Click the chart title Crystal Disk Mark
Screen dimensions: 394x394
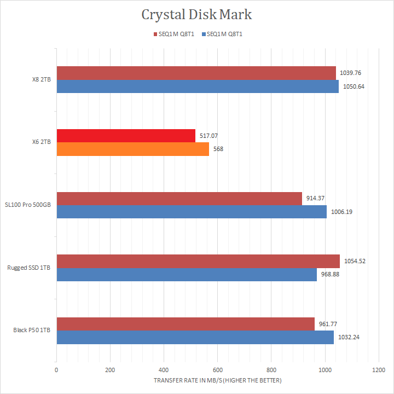pyautogui.click(x=196, y=14)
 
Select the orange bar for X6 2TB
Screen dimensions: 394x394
pyautogui.click(x=132, y=149)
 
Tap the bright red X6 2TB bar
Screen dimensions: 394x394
pyautogui.click(x=126, y=135)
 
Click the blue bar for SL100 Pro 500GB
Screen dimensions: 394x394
pyautogui.click(x=192, y=212)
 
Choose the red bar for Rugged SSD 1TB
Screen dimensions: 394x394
pyautogui.click(x=198, y=261)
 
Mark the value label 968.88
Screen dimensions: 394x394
pyautogui.click(x=331, y=275)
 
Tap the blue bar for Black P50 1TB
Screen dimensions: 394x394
pyautogui.click(x=195, y=337)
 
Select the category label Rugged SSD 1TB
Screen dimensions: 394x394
pyautogui.click(x=29, y=268)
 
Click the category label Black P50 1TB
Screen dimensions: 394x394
pyautogui.click(x=32, y=331)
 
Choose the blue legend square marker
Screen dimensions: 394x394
pyautogui.click(x=203, y=34)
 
